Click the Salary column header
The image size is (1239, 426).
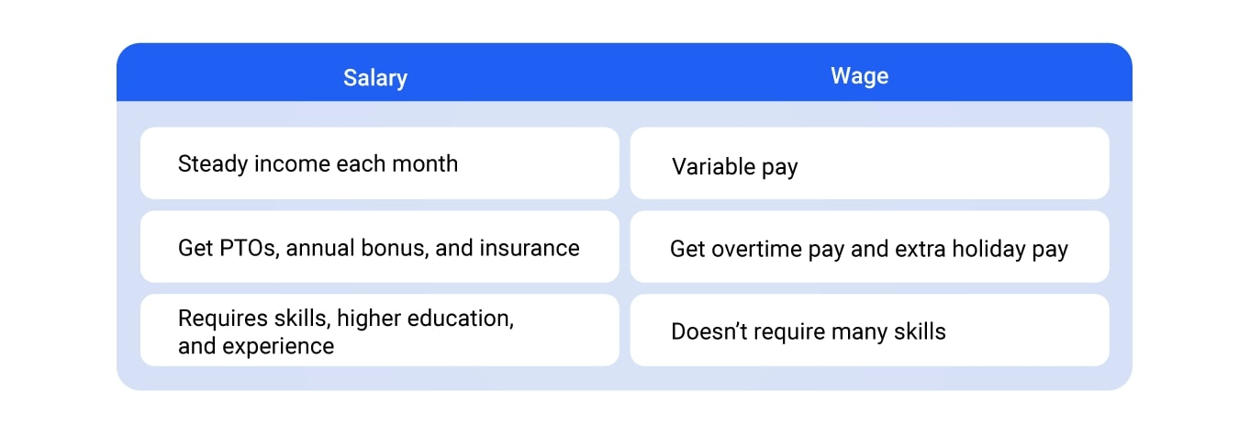tap(375, 78)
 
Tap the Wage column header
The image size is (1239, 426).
tap(860, 76)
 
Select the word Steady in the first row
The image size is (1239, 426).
tap(213, 164)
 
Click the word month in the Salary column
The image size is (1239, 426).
tap(425, 163)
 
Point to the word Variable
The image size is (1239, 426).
tap(713, 166)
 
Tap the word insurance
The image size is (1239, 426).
tap(530, 249)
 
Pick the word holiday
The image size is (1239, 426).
tap(988, 250)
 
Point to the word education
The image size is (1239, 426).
tap(461, 319)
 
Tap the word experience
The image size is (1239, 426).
tap(278, 347)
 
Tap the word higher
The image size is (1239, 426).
tap(369, 319)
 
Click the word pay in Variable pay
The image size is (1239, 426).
tap(779, 168)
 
